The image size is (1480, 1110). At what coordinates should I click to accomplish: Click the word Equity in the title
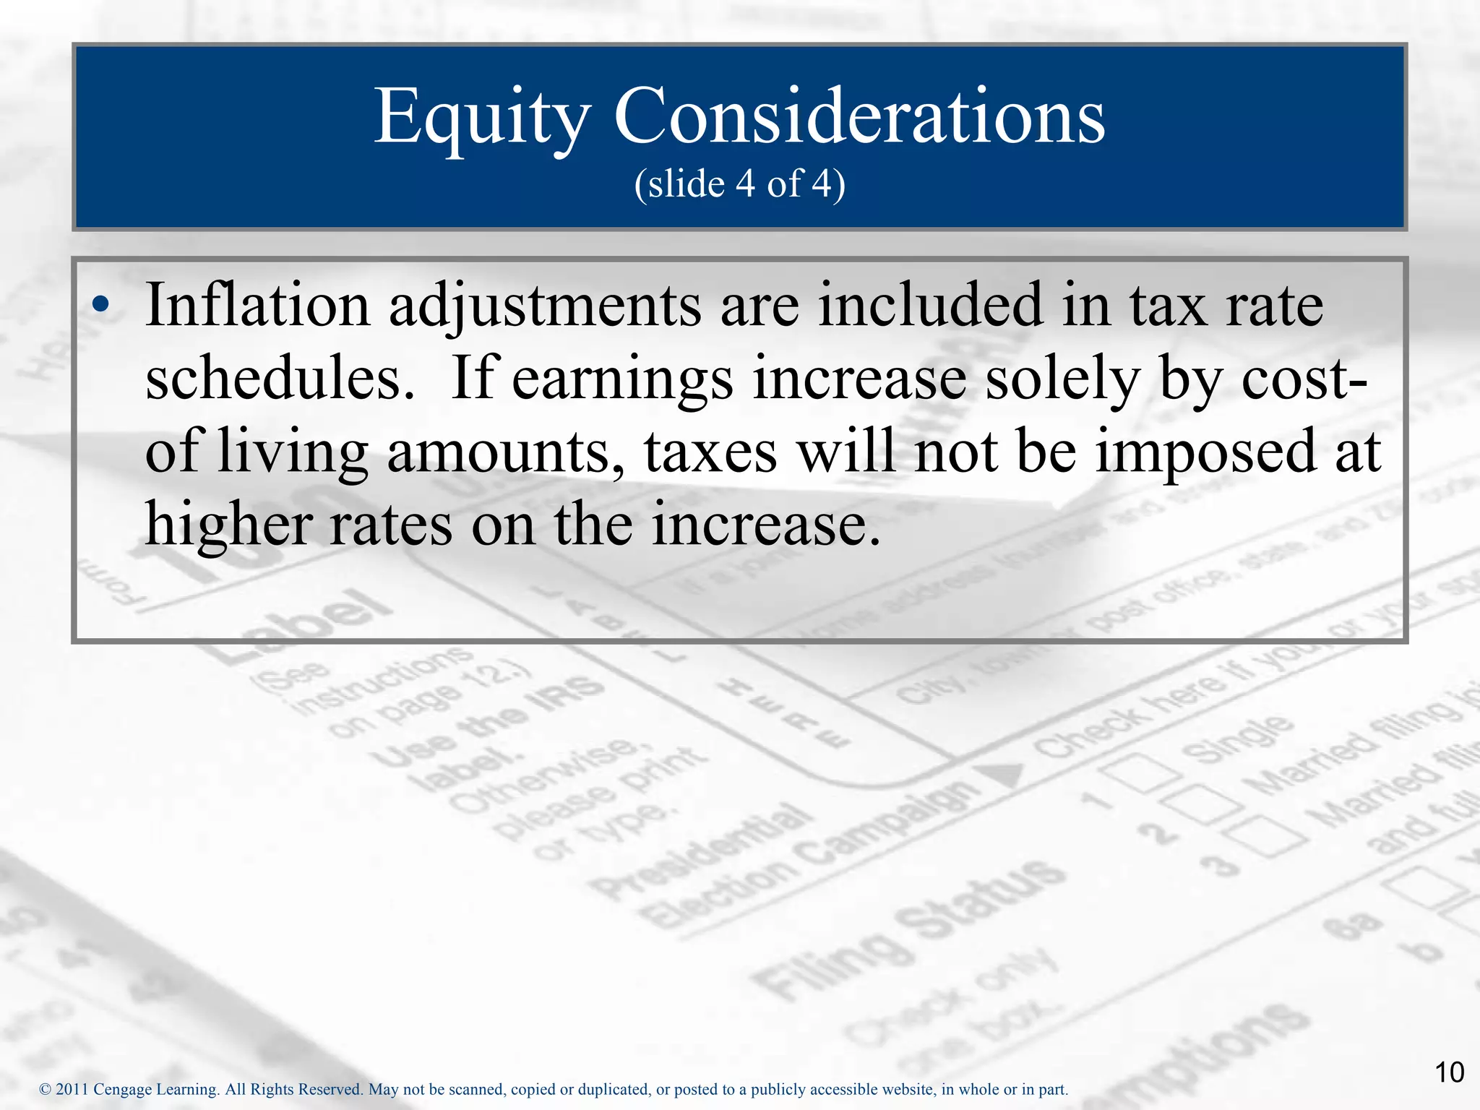[x=481, y=117]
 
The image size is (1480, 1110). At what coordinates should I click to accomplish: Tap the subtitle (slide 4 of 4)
[x=739, y=184]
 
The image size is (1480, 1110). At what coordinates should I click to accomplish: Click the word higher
[x=228, y=524]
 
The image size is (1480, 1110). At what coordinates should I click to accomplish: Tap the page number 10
[x=1449, y=1072]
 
